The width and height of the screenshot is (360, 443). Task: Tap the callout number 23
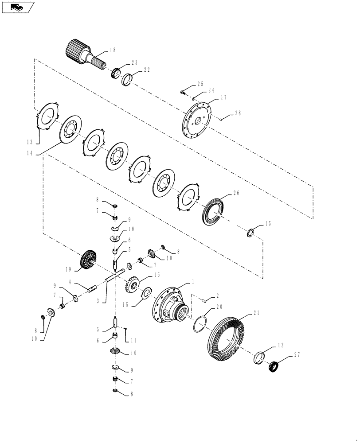135,63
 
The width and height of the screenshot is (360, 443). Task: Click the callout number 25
200,84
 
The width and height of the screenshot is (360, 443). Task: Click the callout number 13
30,142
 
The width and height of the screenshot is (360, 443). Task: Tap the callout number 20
219,307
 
